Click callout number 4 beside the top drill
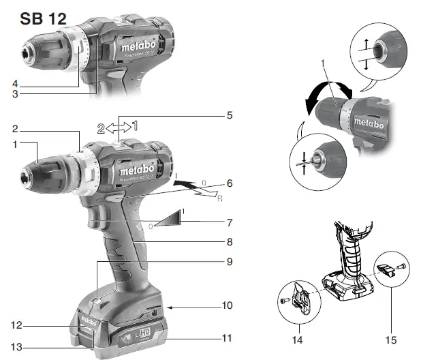(x=14, y=84)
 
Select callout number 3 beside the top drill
(x=14, y=93)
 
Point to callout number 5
(x=230, y=115)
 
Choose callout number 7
(x=230, y=222)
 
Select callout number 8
(x=230, y=241)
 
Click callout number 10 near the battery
(x=228, y=305)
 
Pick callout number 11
(x=228, y=337)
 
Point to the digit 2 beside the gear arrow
(x=101, y=126)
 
